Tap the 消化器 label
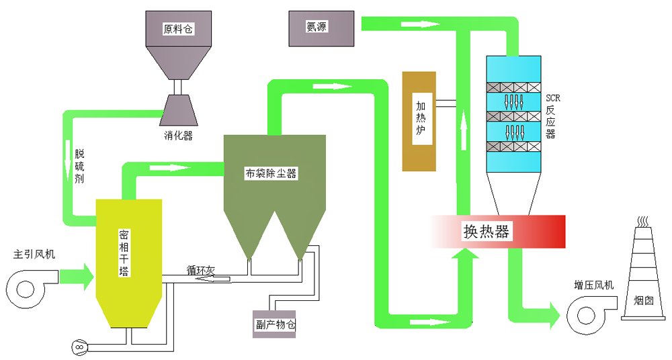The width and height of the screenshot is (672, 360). tap(178, 136)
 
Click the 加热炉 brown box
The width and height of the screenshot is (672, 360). tap(421, 121)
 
